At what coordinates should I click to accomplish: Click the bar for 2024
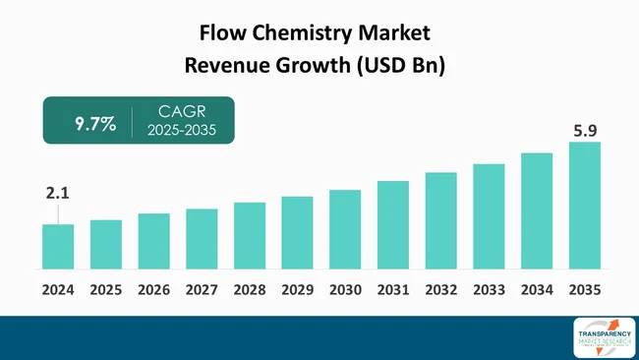[x=58, y=247]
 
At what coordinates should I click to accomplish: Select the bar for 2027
[x=202, y=239]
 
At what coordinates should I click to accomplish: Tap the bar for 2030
[x=345, y=229]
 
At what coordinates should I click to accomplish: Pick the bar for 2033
[x=489, y=216]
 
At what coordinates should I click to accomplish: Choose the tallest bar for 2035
[x=584, y=206]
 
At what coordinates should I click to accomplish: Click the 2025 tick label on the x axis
[x=105, y=290]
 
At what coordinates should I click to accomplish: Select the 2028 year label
[x=250, y=290]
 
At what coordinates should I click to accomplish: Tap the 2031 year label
[x=393, y=290]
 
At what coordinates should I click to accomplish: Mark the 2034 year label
[x=537, y=290]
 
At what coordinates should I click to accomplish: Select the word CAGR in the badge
[x=182, y=113]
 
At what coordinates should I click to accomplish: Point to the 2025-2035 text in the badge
[x=182, y=132]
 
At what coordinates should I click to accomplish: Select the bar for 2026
[x=153, y=241]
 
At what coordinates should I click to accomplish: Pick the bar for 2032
[x=440, y=220]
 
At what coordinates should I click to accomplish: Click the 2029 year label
[x=297, y=290]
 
